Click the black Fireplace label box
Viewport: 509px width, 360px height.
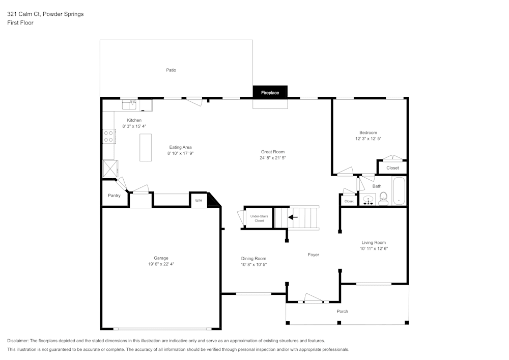point(270,92)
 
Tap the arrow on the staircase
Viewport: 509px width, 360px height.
point(293,217)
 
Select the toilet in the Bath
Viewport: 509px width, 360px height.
point(384,198)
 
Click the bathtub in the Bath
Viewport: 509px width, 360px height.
point(399,191)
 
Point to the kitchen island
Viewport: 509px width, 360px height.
point(146,148)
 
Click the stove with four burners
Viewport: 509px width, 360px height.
point(109,136)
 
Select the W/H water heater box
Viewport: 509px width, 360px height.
point(199,201)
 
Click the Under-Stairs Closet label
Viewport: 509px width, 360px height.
point(259,218)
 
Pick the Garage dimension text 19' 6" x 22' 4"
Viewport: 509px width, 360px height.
point(161,264)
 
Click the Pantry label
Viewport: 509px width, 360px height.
point(114,196)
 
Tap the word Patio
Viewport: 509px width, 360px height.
point(171,70)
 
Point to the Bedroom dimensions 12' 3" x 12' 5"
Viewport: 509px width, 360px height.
point(368,139)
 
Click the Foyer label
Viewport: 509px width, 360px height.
point(314,255)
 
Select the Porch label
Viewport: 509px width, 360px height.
point(343,311)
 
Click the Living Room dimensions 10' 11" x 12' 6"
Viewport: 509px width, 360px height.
point(374,248)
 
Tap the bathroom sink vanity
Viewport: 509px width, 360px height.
point(367,200)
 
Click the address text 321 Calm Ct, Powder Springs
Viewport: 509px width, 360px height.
point(46,14)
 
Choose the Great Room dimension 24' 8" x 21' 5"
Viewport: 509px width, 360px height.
point(272,158)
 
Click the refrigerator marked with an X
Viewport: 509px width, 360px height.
point(109,168)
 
